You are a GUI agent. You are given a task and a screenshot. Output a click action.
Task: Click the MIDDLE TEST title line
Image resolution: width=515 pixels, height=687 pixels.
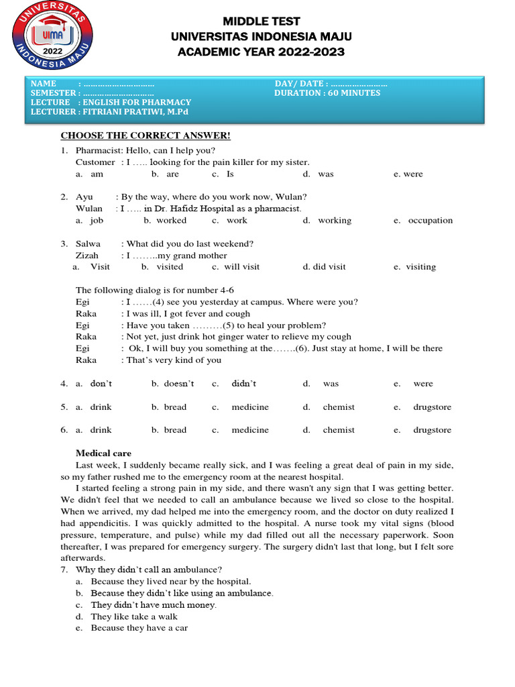coord(262,21)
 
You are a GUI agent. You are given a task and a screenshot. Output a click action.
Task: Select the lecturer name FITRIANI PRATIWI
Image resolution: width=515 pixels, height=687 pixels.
coord(131,111)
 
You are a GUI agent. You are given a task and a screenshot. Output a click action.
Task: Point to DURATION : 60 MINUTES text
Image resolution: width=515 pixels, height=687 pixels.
coord(327,93)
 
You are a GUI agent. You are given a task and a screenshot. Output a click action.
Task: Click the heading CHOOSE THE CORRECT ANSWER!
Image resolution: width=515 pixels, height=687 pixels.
coord(146,136)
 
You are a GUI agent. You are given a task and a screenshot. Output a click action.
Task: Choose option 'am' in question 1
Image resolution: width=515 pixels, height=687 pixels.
coord(97,174)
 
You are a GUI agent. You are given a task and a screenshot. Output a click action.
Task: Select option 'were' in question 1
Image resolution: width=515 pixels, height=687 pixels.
coord(413,174)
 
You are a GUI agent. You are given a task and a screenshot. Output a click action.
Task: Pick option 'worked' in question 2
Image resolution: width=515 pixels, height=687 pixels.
coord(171,220)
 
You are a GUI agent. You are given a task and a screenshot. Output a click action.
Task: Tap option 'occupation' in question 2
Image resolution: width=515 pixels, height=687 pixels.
coord(430,220)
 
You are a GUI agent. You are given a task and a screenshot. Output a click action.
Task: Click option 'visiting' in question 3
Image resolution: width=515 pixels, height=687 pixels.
coord(420,266)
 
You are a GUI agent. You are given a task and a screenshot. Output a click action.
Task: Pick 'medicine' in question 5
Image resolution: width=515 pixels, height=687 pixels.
coord(250,407)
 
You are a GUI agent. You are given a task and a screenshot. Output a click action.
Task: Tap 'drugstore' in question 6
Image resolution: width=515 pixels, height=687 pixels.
coord(432,430)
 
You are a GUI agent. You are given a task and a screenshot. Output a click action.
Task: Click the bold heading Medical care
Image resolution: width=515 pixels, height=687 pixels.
coord(103,453)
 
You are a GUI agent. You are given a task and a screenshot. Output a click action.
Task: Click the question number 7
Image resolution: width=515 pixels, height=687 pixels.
coord(64,570)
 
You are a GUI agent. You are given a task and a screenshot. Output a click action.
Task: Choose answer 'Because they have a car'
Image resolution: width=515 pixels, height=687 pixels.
coord(139,628)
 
